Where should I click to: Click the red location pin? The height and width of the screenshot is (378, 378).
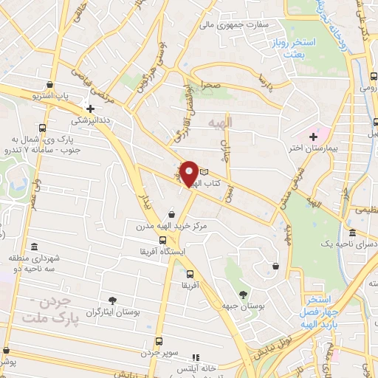pos(190,173)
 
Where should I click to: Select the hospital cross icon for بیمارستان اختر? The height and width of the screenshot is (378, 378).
pos(314,137)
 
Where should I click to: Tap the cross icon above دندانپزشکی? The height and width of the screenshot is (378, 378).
pos(90,109)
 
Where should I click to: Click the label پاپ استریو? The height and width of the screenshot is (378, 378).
pos(52,96)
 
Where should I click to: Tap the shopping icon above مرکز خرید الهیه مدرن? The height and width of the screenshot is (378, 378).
pos(171,214)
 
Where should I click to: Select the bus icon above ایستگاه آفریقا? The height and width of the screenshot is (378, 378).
pos(162,240)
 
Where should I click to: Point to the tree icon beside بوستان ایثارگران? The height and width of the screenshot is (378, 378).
pos(112,300)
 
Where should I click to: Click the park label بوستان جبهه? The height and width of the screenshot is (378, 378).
pos(243,305)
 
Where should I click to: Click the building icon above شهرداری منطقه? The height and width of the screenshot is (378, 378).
pos(33,247)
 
